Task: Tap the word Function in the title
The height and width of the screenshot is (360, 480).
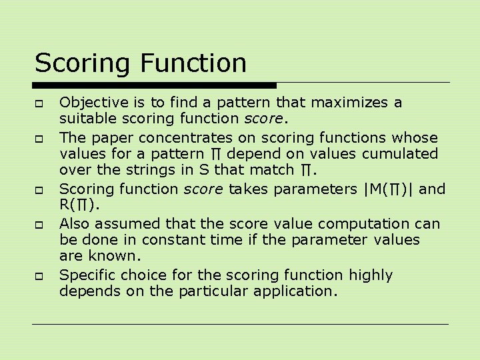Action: coord(193,63)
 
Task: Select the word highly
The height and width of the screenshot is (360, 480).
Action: coord(370,275)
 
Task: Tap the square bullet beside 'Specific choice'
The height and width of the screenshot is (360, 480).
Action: coord(40,276)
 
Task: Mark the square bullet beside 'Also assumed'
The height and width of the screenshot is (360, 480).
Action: coord(40,225)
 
